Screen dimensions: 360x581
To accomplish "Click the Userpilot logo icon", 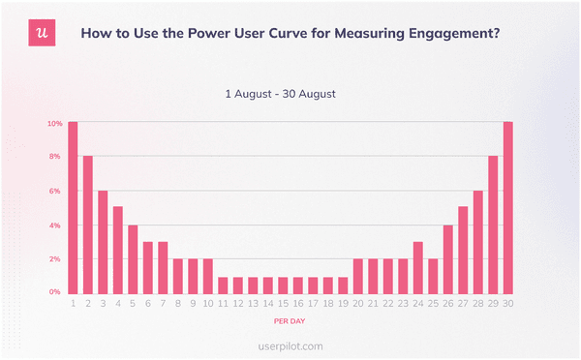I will click(41, 33).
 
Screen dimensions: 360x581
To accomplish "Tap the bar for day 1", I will click(73, 206).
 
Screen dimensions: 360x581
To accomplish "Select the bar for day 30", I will click(508, 206).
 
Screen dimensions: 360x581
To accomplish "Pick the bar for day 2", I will click(88, 224).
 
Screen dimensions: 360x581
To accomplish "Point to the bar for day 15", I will click(283, 284).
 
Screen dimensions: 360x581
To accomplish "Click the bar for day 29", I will click(493, 224).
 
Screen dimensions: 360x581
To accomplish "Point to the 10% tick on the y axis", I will click(55, 123).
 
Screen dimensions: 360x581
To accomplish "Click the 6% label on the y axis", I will click(55, 192).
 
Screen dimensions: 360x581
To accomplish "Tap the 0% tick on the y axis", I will click(55, 291).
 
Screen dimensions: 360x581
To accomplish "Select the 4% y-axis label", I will click(55, 225).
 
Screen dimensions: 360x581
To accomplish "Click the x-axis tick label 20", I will click(358, 303).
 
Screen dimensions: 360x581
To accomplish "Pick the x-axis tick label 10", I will click(207, 303).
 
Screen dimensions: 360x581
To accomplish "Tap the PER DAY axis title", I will click(290, 318).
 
